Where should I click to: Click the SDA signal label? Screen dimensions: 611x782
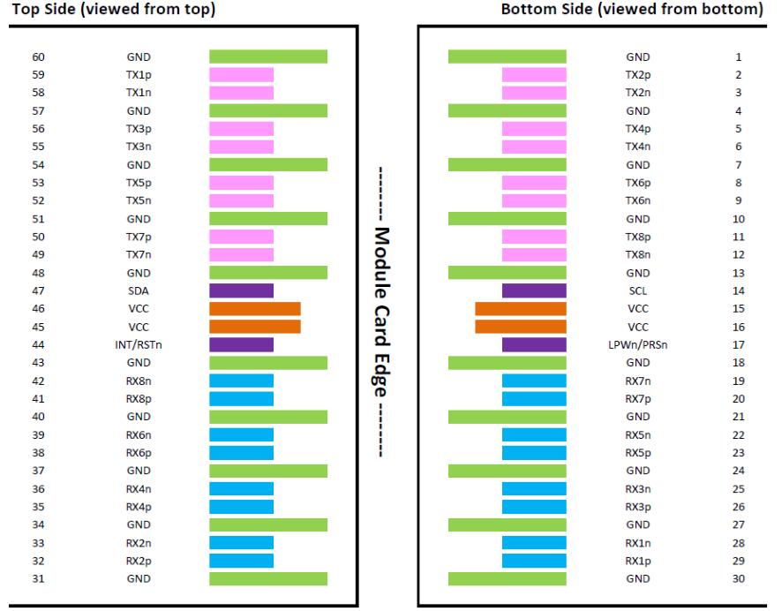pos(139,290)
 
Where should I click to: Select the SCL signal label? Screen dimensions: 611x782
pos(637,290)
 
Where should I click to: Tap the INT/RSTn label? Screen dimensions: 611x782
pos(139,344)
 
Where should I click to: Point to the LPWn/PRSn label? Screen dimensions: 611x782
pos(637,344)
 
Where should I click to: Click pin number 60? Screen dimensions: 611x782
pos(39,57)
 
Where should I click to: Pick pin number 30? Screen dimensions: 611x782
pos(738,578)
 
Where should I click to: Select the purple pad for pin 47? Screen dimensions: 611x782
pos(241,290)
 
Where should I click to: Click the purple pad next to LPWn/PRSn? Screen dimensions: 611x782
pos(534,344)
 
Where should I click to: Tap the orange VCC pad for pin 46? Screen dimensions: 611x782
pos(254,308)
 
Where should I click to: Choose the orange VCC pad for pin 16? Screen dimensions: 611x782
pos(521,327)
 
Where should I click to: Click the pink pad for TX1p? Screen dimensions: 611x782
pos(241,75)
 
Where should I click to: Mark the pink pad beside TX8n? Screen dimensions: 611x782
pos(534,254)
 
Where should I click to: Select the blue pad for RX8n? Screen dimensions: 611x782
pos(241,381)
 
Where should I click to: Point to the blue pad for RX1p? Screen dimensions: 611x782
pos(534,561)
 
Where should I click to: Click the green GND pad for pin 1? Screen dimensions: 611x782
pos(507,57)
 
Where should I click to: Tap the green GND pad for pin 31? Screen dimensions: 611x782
pos(267,578)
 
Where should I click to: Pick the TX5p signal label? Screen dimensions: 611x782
pos(139,183)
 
